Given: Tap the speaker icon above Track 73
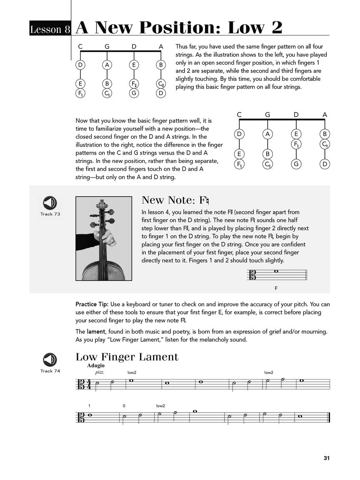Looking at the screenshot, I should pos(50,203).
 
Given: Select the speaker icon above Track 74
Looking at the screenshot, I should pos(50,360).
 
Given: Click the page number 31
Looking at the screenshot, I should pos(326,458).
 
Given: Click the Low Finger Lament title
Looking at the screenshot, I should pos(127,357).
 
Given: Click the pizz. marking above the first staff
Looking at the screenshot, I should pos(99,372).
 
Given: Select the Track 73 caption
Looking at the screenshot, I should pos(50,214).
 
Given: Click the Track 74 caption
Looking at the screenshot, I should pos(50,371).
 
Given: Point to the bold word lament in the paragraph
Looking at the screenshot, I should pos(96,332).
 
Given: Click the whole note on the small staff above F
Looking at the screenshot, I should pos(276,272).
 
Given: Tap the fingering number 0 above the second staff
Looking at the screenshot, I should pos(124,406).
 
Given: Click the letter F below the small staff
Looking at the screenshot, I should pos(276,288).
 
